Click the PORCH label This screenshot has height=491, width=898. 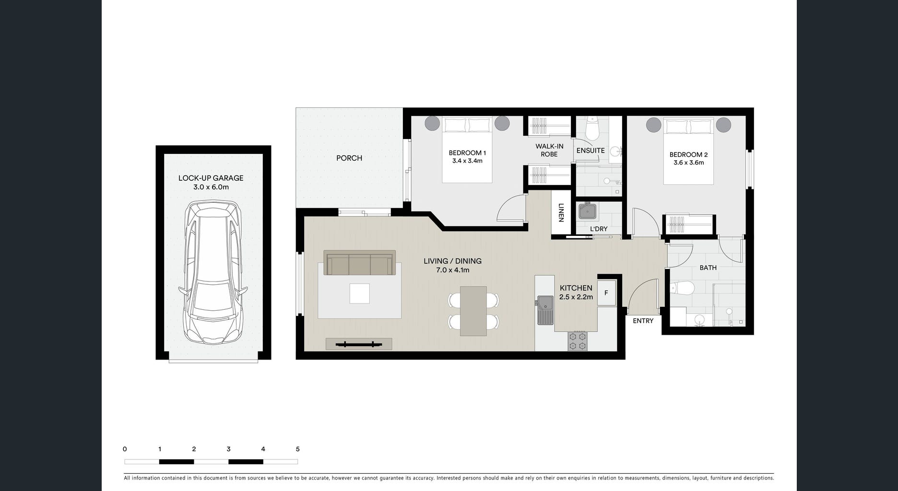click(349, 158)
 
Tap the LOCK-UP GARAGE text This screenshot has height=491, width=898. click(211, 178)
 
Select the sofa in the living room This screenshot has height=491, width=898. click(359, 263)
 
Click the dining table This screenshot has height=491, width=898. click(473, 311)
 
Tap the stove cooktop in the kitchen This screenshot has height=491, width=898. click(577, 340)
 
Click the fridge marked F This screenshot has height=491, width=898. click(606, 292)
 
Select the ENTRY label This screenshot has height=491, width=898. click(643, 321)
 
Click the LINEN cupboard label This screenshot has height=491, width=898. click(561, 212)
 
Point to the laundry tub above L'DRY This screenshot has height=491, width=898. click(587, 211)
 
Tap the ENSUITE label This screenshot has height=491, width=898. click(591, 151)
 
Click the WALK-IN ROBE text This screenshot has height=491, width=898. click(549, 150)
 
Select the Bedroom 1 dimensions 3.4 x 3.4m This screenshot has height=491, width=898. click(467, 161)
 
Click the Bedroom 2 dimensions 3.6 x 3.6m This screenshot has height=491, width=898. click(688, 163)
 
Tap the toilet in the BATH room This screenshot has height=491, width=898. click(682, 288)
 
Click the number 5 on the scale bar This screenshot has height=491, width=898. click(298, 449)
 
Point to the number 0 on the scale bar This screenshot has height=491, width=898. click(125, 449)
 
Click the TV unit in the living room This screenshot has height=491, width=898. click(359, 344)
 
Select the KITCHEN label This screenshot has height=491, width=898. click(576, 288)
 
